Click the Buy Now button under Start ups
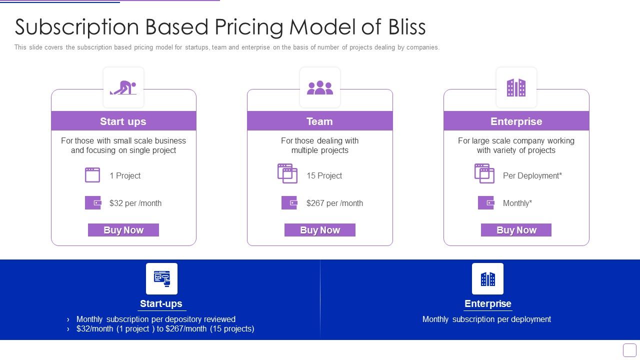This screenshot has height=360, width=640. [123, 230]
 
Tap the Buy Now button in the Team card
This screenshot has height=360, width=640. [320, 230]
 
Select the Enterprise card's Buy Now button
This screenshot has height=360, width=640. [516, 230]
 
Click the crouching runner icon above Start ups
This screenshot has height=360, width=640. [123, 87]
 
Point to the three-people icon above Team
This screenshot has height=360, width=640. [320, 87]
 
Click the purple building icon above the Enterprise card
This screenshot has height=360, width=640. [516, 87]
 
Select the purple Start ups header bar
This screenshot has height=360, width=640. [123, 121]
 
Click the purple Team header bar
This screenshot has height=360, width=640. [320, 121]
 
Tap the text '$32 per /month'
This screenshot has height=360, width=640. [135, 203]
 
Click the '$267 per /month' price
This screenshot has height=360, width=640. [334, 203]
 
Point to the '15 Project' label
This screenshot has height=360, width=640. [324, 175]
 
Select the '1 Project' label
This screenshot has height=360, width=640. [125, 175]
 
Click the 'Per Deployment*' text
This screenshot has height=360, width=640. [532, 175]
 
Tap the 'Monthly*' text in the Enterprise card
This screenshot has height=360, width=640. [517, 203]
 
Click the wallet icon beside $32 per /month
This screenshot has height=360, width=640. [93, 202]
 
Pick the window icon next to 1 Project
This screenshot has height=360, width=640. [92, 175]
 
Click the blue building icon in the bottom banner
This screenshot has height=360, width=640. [487, 278]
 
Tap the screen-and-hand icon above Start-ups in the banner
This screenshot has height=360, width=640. [161, 278]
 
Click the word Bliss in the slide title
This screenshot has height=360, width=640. [407, 27]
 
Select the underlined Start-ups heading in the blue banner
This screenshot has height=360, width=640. [161, 303]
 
